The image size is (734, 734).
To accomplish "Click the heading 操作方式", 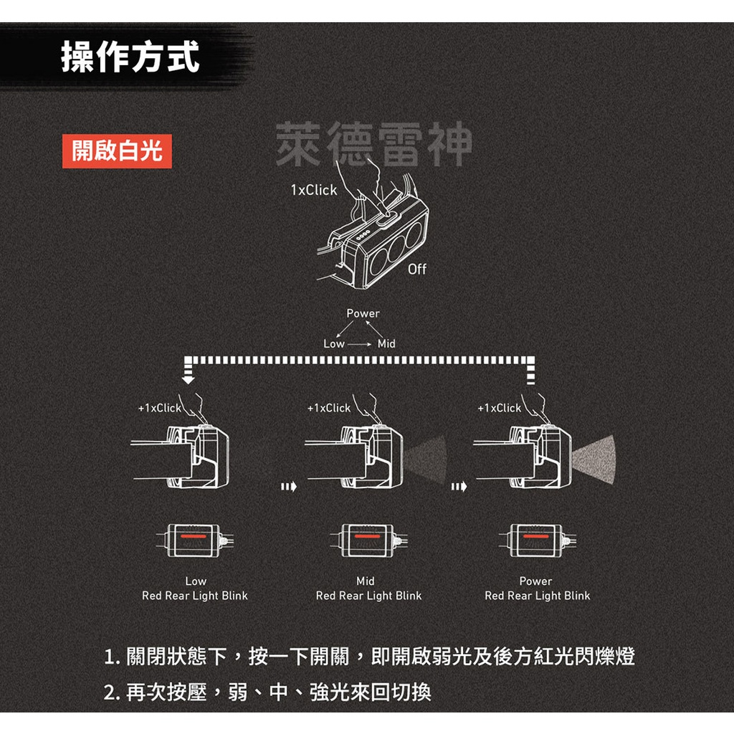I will click(x=130, y=57).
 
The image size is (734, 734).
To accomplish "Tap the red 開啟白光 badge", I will click(x=117, y=151).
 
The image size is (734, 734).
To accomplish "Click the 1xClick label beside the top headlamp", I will click(x=313, y=190).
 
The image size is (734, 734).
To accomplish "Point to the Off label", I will click(x=416, y=270).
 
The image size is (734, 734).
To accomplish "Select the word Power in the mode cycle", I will click(x=363, y=313).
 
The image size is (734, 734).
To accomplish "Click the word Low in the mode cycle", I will click(x=334, y=344).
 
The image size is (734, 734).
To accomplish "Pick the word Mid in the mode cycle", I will click(x=386, y=344).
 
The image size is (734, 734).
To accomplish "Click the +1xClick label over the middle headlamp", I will click(x=328, y=408).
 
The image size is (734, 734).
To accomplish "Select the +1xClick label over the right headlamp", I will click(x=499, y=408).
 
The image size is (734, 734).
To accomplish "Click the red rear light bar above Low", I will click(x=195, y=535).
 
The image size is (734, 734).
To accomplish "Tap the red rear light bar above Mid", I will click(x=366, y=535).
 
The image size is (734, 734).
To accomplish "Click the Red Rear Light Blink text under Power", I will click(x=537, y=596).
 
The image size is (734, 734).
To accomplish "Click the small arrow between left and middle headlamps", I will click(x=288, y=487).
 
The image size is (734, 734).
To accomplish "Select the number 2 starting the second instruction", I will click(x=110, y=693).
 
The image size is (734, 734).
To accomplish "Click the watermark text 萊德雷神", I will click(x=373, y=144).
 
